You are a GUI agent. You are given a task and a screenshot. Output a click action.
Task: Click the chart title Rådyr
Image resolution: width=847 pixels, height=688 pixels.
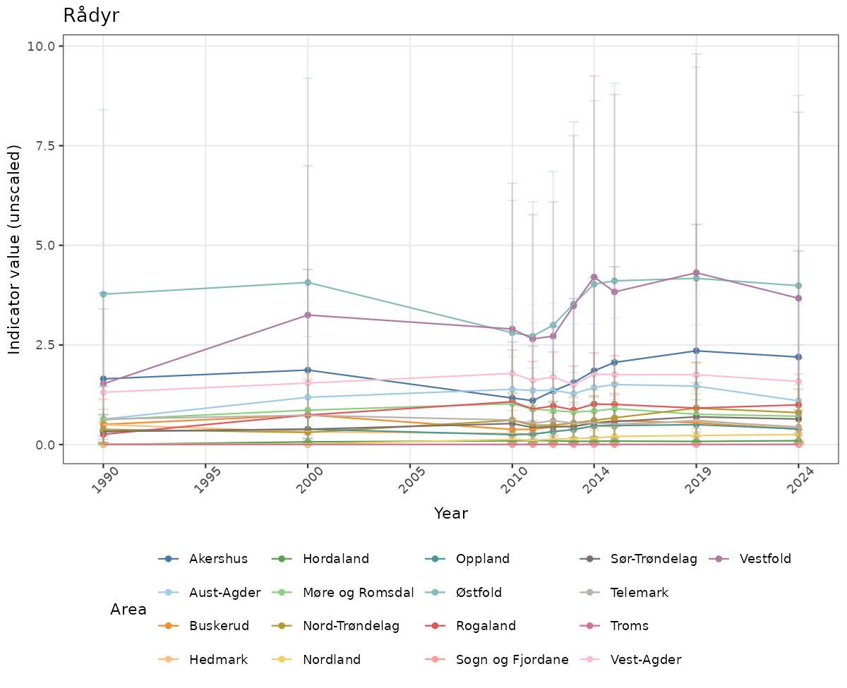91,16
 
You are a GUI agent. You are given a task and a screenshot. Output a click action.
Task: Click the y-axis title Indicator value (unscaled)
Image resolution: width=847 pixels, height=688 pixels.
15,249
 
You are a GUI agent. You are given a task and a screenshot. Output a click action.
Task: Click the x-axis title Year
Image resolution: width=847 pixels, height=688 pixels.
451,513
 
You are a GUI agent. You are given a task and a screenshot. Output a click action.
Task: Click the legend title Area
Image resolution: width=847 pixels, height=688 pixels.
128,609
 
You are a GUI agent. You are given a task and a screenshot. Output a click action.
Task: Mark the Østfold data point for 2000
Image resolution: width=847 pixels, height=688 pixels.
308,282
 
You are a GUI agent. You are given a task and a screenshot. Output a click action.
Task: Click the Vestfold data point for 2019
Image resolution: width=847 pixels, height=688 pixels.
696,272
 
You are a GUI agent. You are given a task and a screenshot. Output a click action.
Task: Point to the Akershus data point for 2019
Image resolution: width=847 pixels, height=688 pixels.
696,351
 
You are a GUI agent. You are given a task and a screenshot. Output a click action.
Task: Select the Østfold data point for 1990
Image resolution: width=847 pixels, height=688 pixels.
103,294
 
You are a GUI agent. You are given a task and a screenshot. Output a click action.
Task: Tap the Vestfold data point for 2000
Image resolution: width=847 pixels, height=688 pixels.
308,315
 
